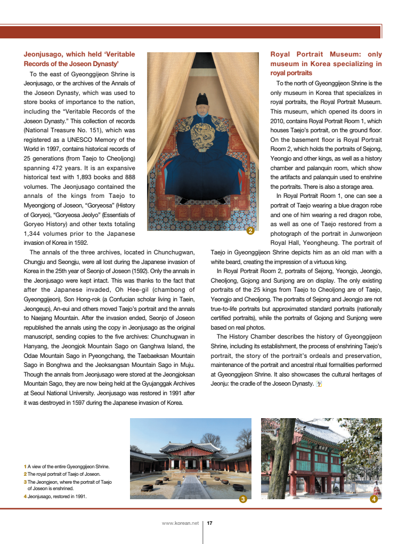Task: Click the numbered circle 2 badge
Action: pos(250,231)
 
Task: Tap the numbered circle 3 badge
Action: pos(242,499)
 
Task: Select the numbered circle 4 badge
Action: pos(373,499)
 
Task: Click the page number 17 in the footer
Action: pos(209,523)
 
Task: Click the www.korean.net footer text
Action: pos(180,523)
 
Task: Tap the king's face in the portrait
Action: pos(202,111)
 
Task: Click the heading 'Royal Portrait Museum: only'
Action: pos(326,54)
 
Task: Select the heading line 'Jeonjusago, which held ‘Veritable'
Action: pos(79,54)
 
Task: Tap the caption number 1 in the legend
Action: pos(25,467)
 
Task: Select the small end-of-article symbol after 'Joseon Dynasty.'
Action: pos(319,383)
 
